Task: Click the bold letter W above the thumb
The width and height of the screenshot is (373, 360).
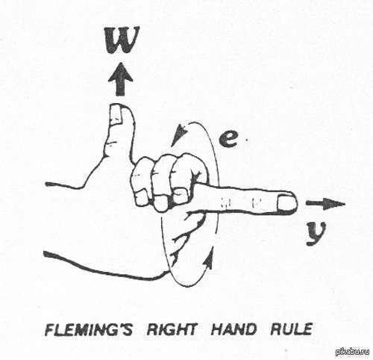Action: [x=122, y=40]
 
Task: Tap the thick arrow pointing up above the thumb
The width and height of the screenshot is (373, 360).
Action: [x=120, y=79]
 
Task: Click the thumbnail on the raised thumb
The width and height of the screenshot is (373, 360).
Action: [x=116, y=114]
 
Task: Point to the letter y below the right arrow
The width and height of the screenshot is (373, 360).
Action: [x=316, y=233]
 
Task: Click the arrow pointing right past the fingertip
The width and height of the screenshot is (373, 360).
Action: [x=325, y=204]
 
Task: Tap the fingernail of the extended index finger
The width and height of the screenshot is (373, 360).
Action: [x=286, y=203]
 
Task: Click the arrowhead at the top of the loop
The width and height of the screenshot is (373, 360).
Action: [x=180, y=134]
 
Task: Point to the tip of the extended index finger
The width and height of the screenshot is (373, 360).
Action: [x=297, y=204]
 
